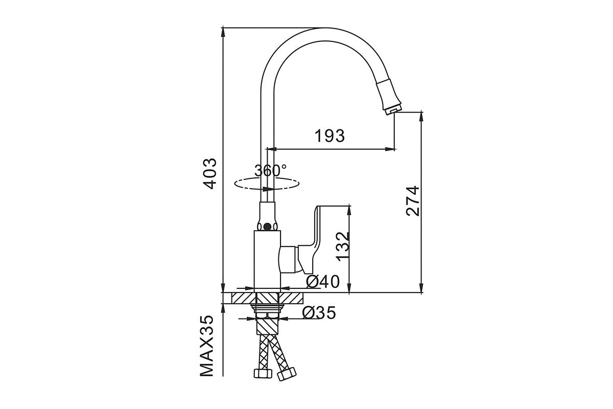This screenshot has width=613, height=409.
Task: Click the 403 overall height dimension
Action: click(211, 174)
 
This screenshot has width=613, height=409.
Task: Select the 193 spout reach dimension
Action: click(329, 136)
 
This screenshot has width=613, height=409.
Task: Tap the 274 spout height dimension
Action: click(413, 201)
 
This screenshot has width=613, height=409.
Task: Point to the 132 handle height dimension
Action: click(343, 246)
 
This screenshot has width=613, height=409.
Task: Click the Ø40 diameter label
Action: click(323, 282)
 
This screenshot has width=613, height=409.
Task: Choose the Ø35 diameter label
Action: click(319, 312)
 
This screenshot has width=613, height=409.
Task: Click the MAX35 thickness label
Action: click(206, 346)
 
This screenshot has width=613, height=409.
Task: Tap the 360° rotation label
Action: click(271, 171)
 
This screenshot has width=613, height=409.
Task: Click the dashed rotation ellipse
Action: click(267, 189)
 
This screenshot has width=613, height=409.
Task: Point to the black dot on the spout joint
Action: click(267, 226)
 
